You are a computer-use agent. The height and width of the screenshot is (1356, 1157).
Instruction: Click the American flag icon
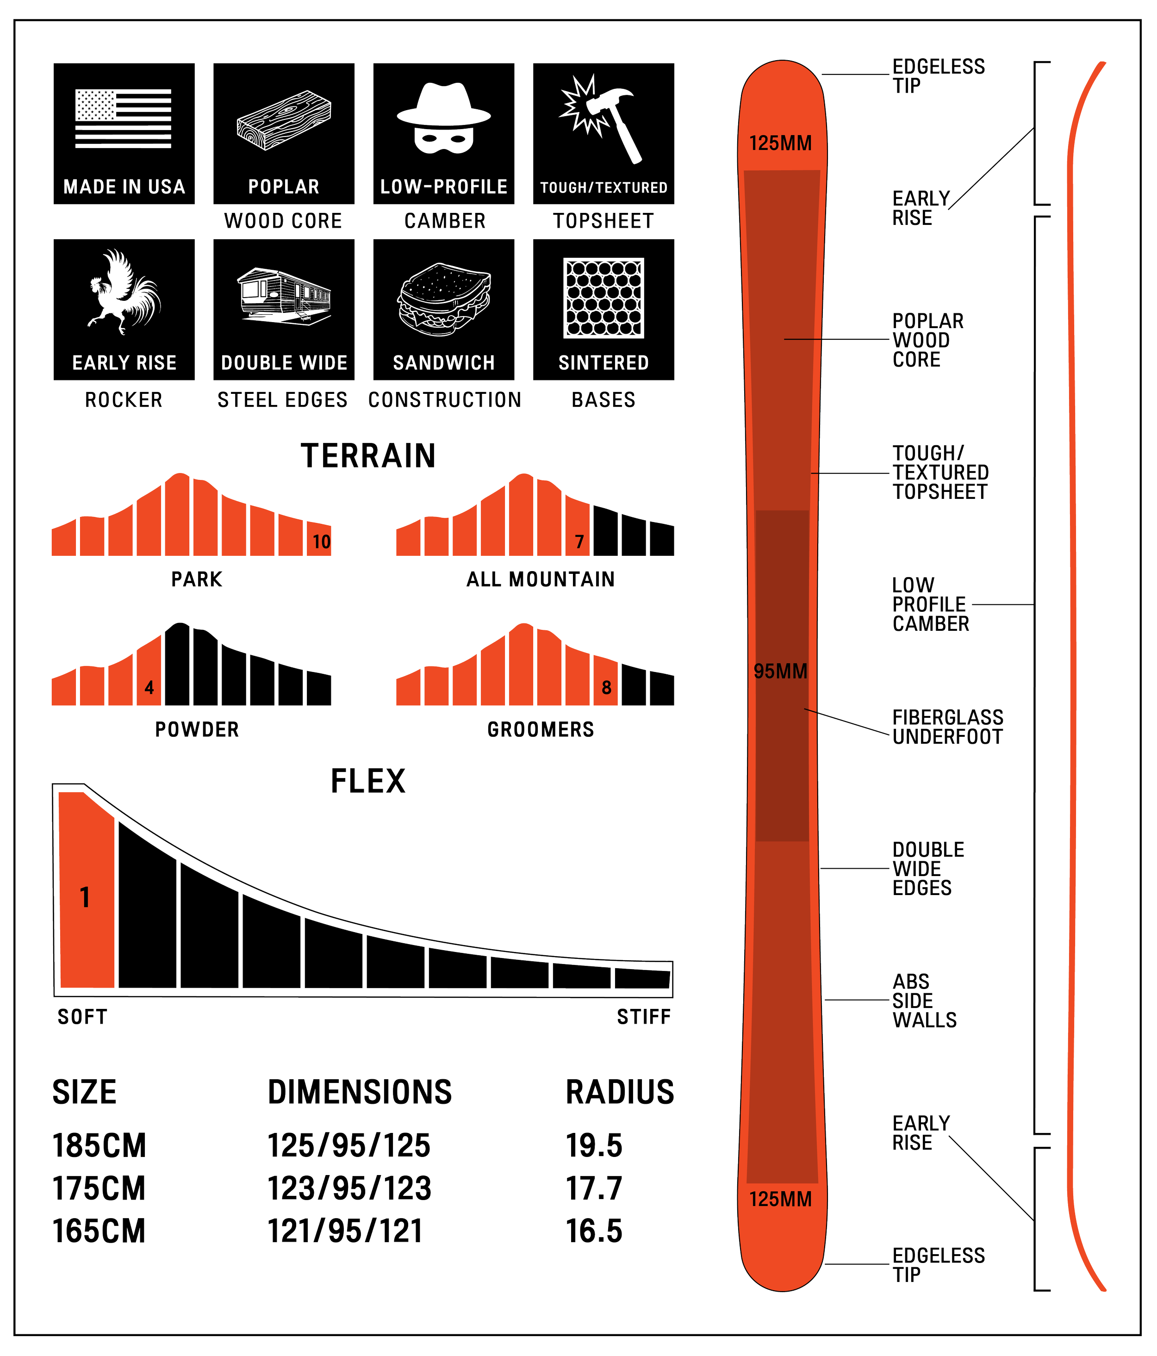tap(123, 118)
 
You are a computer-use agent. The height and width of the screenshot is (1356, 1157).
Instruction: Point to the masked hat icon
tap(444, 118)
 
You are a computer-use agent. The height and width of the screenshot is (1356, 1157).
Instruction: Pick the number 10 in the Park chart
tap(321, 542)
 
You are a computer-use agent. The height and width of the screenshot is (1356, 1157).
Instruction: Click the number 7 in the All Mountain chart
tap(579, 542)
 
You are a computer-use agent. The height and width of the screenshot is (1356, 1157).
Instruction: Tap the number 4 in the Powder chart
tap(149, 688)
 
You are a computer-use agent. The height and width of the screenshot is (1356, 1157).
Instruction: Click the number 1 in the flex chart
tap(84, 898)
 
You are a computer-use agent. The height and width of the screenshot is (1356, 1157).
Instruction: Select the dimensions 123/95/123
tap(349, 1188)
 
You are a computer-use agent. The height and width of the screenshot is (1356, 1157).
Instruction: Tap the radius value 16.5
tap(594, 1231)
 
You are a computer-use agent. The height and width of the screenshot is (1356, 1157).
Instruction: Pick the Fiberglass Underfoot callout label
tap(947, 727)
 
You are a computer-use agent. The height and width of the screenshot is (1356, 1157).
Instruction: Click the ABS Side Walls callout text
tap(924, 1001)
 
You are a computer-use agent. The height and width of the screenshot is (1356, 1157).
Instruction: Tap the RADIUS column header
tap(620, 1092)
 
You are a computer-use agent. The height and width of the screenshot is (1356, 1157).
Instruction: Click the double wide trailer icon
tap(284, 296)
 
